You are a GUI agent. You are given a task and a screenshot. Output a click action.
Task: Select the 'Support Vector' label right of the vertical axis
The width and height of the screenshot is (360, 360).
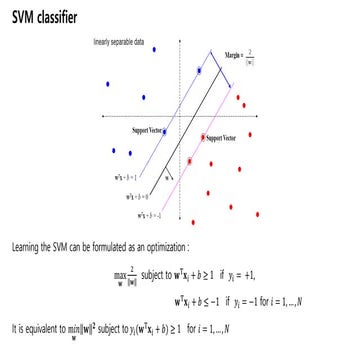(231, 136)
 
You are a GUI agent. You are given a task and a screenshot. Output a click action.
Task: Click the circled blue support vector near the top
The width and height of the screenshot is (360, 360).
(200, 71)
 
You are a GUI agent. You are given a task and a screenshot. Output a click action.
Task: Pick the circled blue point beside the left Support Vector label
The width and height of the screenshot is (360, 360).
(180, 126)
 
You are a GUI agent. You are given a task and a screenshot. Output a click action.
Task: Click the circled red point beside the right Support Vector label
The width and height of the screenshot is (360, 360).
(204, 136)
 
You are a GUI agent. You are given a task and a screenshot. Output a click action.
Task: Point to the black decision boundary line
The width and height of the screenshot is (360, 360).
(195, 140)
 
